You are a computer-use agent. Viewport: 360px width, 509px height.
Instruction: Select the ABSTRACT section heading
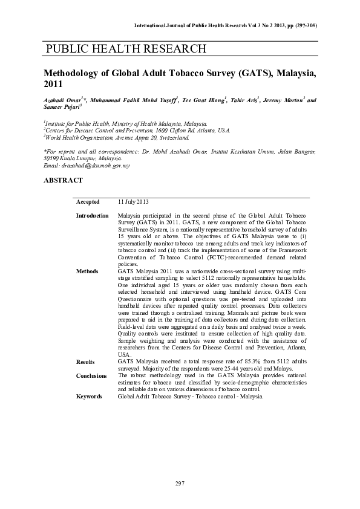[63, 180]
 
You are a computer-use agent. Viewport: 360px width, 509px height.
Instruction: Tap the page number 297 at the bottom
[180, 483]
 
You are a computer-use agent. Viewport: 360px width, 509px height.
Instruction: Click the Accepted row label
[88, 202]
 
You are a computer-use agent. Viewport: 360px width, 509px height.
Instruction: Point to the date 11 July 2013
[133, 202]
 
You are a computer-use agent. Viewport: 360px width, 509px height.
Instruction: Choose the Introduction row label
[92, 216]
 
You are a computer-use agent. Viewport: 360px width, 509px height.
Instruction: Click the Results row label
[85, 361]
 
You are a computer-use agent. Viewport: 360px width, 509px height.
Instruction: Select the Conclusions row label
[91, 375]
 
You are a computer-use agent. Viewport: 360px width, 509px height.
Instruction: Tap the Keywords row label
[90, 397]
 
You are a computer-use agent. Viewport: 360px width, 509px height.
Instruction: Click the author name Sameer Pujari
[62, 108]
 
